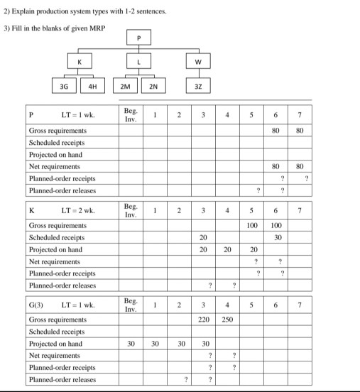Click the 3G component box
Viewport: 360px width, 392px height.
coord(66,87)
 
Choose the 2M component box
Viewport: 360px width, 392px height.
coord(124,87)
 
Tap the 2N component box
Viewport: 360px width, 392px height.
coord(152,87)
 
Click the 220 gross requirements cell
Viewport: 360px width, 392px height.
coord(204,320)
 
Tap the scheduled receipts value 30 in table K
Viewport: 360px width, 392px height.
coord(279,237)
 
